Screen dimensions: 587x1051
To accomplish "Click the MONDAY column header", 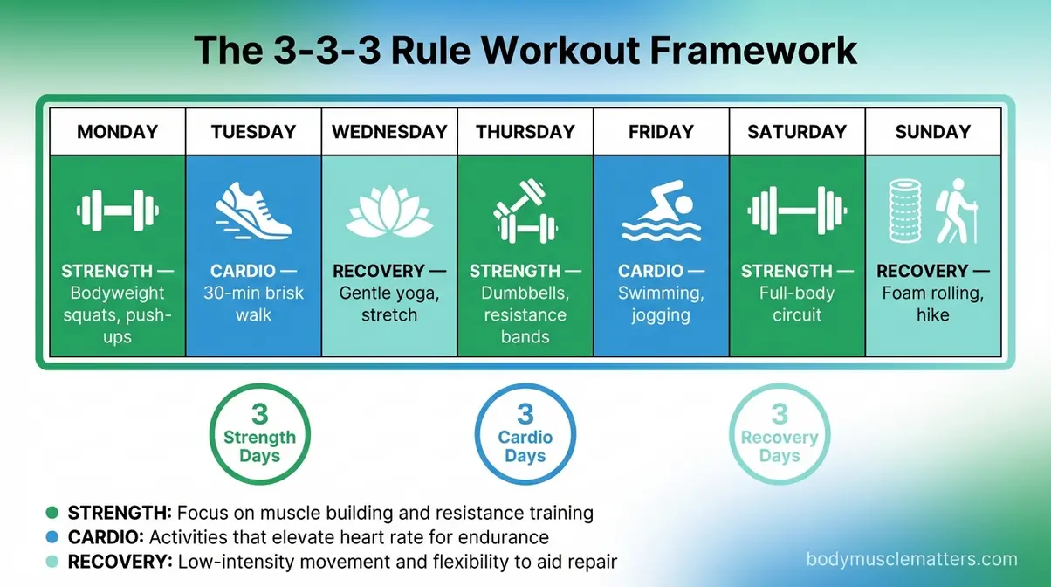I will click(x=117, y=132).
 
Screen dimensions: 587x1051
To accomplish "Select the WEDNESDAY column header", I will click(x=389, y=132).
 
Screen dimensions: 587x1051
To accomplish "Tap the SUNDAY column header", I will click(x=932, y=132).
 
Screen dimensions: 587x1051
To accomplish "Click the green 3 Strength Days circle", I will click(x=259, y=434).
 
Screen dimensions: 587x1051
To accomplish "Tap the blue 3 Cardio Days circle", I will click(x=525, y=434).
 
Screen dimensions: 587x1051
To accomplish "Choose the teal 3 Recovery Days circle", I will click(x=779, y=434).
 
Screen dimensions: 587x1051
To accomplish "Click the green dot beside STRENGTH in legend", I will click(x=52, y=513).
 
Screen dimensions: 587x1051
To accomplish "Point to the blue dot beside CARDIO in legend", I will click(x=52, y=537).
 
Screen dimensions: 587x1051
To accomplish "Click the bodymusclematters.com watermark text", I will click(x=911, y=560).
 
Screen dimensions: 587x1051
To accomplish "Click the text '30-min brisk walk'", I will click(x=253, y=302).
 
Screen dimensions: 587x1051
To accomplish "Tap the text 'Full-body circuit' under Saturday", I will click(x=796, y=302).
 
